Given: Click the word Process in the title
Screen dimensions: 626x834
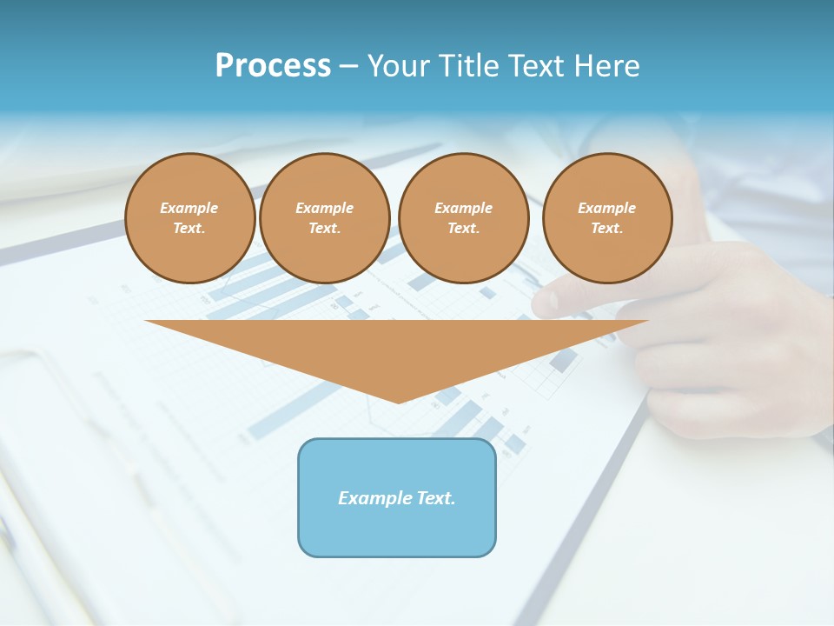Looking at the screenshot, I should [273, 66].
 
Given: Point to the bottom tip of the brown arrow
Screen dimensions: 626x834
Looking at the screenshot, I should [398, 403].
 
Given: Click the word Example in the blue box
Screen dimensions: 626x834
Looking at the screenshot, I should [374, 498].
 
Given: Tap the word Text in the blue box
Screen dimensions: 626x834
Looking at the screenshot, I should [434, 498].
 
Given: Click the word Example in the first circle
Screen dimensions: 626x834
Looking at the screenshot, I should [189, 208].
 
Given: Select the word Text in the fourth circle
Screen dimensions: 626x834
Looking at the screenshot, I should [606, 229].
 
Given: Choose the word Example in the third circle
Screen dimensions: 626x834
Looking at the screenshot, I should [463, 208].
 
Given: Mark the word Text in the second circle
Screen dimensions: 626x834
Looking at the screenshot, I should [324, 229].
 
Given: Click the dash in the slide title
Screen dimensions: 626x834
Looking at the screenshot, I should [348, 66].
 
